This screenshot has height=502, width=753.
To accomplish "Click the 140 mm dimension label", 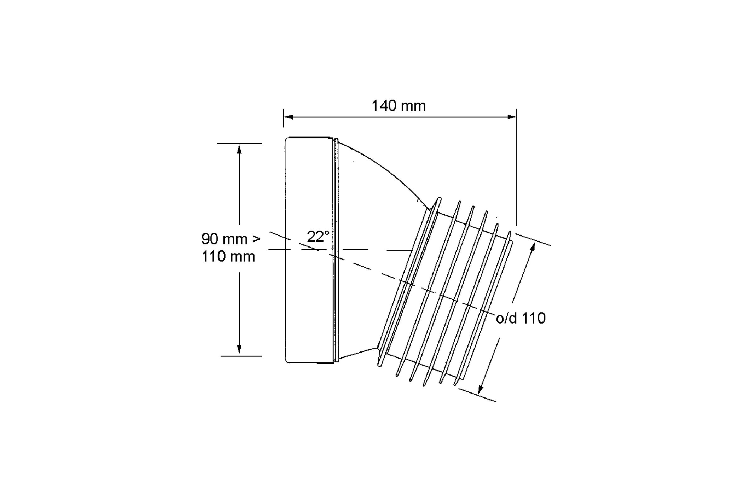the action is [398, 106].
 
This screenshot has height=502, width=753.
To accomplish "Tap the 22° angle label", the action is [318, 237].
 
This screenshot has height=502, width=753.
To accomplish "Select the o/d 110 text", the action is [521, 318].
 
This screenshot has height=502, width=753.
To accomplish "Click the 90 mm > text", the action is [231, 239].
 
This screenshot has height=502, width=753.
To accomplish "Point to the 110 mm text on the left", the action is [228, 256].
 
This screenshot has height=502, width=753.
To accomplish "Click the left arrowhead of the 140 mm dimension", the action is [288, 117].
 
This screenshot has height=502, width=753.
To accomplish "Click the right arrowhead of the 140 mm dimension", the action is [512, 117].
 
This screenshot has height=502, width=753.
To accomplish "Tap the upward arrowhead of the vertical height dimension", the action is [239, 148].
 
